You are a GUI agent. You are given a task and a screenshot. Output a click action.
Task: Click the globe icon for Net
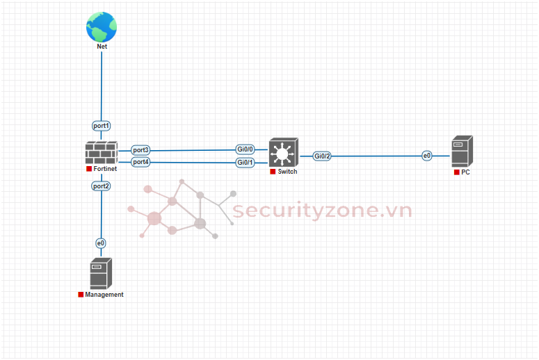(102, 26)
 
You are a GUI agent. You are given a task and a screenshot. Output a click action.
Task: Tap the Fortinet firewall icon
(102, 153)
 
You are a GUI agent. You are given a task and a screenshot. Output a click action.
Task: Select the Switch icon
(283, 153)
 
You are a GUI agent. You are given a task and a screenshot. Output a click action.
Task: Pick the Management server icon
(101, 274)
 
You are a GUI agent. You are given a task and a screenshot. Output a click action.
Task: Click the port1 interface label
(102, 126)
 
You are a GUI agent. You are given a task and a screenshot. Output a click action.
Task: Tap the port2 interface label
(102, 186)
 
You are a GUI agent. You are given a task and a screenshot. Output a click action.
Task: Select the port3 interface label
(141, 150)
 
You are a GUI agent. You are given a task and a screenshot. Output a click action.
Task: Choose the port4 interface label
(141, 162)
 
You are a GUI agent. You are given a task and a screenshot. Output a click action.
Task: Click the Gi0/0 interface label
(246, 149)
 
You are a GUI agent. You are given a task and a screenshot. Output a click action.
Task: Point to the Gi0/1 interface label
(246, 162)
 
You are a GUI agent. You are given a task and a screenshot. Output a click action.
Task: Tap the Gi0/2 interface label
(322, 156)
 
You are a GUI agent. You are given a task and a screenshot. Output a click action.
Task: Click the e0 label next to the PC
(427, 156)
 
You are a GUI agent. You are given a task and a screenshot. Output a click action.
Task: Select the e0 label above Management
(101, 243)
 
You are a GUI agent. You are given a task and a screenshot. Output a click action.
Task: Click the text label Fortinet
(104, 169)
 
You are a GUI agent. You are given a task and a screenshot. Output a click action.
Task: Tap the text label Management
(104, 295)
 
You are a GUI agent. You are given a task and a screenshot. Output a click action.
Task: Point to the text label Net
(102, 47)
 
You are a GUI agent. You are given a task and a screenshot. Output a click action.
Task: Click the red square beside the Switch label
(273, 172)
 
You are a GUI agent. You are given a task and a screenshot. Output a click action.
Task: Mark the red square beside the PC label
(456, 172)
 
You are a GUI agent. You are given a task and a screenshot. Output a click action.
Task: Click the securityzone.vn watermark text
(322, 211)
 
